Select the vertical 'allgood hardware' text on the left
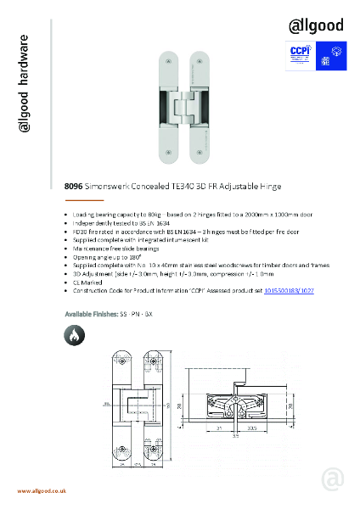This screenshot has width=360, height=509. tap(25, 85)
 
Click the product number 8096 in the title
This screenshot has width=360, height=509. tap(74, 185)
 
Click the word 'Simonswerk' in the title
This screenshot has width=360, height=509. tap(108, 185)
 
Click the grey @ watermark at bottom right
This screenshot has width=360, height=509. tap(333, 479)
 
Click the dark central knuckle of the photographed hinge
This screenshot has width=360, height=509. tap(180, 110)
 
